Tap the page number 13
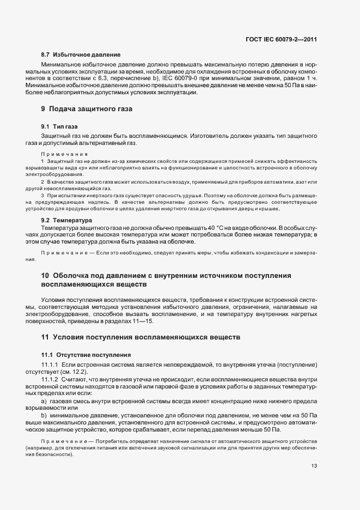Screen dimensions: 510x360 [x=314, y=465]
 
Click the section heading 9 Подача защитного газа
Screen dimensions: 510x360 [x=87, y=109]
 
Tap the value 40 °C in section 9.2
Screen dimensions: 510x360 [x=246, y=227]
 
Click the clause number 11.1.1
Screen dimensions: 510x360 [x=50, y=364]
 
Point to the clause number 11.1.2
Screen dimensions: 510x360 [x=50, y=379]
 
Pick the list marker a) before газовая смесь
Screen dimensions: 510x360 [x=44, y=400]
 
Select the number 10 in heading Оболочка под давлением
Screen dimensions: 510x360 [x=45, y=276]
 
